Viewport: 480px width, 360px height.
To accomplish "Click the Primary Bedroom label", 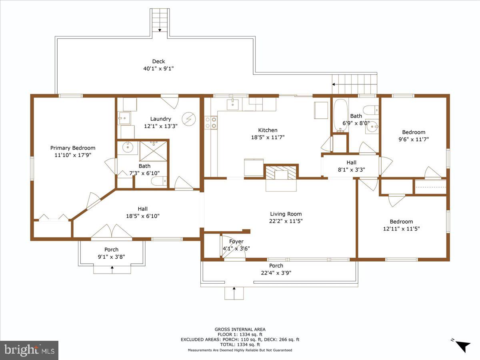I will (x=73, y=148).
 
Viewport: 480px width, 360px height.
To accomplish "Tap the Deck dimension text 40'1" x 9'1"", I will (x=158, y=68).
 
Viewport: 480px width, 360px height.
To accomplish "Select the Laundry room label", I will (x=160, y=119).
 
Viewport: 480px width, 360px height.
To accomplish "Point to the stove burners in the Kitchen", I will (x=211, y=122).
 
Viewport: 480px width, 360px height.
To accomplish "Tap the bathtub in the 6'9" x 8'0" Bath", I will (x=340, y=116).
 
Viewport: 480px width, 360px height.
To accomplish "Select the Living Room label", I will (x=286, y=214).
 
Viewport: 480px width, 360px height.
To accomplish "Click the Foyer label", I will (x=236, y=241).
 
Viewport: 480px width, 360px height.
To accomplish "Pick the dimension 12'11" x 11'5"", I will (x=401, y=229).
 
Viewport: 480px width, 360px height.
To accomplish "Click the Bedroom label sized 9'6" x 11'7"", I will (x=414, y=132).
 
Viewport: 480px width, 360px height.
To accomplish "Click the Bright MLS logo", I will (x=29, y=350).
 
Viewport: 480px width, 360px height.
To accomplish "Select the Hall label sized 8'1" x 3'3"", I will (x=351, y=162).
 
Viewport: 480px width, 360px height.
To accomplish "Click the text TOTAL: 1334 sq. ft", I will (x=240, y=344).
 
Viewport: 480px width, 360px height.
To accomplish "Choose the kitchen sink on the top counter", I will (x=233, y=104).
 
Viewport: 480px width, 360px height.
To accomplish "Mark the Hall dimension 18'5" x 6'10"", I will (x=142, y=216).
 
